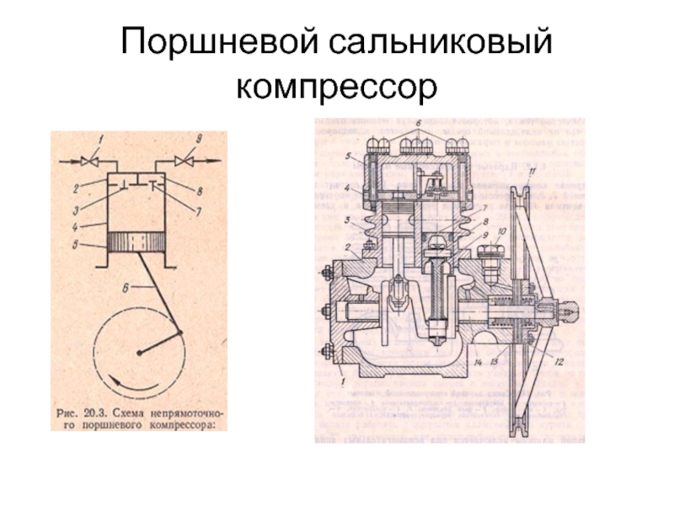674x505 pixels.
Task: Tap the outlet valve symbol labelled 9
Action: click(x=179, y=159)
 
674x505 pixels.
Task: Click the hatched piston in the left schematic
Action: click(x=136, y=242)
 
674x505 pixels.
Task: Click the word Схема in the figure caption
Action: click(x=129, y=413)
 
